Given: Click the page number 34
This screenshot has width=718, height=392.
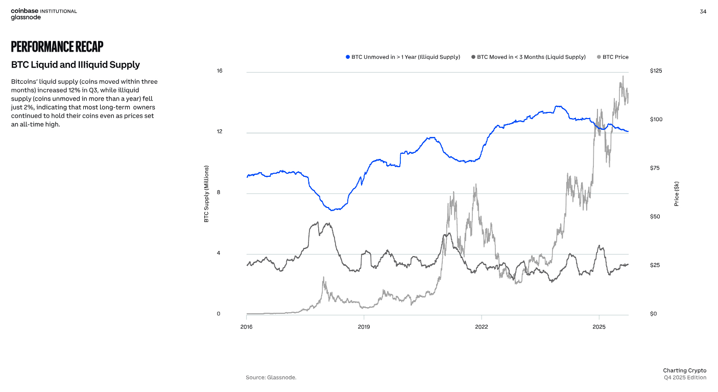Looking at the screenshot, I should [703, 12].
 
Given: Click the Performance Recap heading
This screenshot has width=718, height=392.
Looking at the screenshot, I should [57, 47].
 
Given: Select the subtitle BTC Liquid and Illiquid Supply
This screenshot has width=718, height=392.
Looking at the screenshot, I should [75, 65].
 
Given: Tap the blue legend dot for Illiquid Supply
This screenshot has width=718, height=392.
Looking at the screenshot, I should [348, 57].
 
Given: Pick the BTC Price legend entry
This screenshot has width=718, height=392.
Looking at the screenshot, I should [615, 57].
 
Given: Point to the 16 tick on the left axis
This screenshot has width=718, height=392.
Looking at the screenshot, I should [219, 71].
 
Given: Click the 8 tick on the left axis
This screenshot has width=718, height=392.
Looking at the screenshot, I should [219, 193].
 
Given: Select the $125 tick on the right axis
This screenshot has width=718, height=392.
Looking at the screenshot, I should [656, 71].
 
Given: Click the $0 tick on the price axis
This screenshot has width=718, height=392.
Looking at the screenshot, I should [653, 314].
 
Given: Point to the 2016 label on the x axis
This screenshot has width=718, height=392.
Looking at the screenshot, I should [246, 326].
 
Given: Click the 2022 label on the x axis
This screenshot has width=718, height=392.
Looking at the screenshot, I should [481, 326].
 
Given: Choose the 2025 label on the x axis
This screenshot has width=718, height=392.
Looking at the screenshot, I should [599, 326].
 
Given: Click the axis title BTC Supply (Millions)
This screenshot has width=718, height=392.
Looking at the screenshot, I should [207, 194].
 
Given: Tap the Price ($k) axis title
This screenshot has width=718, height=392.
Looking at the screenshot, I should [677, 194].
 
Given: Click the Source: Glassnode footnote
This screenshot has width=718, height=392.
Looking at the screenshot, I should [271, 378].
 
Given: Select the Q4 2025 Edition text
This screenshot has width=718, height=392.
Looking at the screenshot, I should [685, 378].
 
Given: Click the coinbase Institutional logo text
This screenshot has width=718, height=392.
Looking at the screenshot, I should [44, 11].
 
